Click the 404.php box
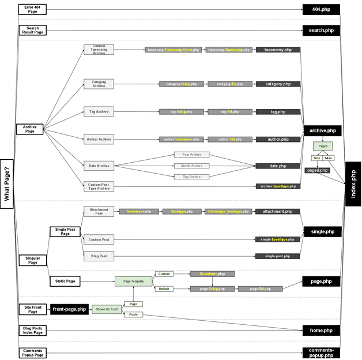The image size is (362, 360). click(x=321, y=9)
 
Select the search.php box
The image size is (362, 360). click(x=321, y=30)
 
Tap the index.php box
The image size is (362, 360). click(x=353, y=183)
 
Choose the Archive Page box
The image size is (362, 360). click(x=30, y=129)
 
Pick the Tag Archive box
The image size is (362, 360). click(x=99, y=111)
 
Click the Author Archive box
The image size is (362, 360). click(x=99, y=139)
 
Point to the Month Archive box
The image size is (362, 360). click(x=191, y=166)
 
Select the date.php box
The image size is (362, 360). click(x=278, y=166)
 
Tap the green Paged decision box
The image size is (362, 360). click(x=323, y=147)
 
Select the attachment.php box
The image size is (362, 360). click(x=278, y=212)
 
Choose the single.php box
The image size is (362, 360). click(x=322, y=231)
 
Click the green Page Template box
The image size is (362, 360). click(x=133, y=281)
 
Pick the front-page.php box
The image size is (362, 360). click(x=69, y=309)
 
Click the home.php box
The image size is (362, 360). click(x=321, y=330)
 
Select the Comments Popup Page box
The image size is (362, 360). click(x=32, y=352)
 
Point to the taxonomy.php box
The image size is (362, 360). click(x=278, y=50)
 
